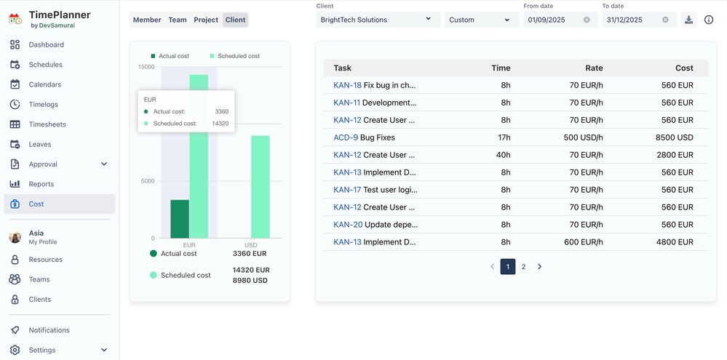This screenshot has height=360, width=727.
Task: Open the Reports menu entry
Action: click(x=41, y=184)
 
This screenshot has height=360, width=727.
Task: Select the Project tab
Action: click(x=206, y=20)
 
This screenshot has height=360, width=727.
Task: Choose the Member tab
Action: click(x=147, y=20)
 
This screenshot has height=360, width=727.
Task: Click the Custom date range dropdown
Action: click(x=479, y=20)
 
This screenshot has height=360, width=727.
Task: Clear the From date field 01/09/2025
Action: click(x=587, y=20)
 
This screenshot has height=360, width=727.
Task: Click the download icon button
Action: click(x=689, y=20)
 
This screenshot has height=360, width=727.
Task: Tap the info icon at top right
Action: click(x=709, y=20)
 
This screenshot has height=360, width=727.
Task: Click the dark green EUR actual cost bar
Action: click(x=180, y=219)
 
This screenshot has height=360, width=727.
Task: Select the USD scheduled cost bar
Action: click(x=261, y=187)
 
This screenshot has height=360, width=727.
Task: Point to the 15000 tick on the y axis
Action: click(x=146, y=67)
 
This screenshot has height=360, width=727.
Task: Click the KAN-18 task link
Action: click(x=347, y=85)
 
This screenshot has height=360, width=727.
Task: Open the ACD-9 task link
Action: click(x=346, y=137)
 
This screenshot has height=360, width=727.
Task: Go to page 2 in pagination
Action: click(x=523, y=267)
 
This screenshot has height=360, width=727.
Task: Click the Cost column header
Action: click(x=684, y=68)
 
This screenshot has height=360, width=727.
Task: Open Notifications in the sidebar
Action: click(x=49, y=330)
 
